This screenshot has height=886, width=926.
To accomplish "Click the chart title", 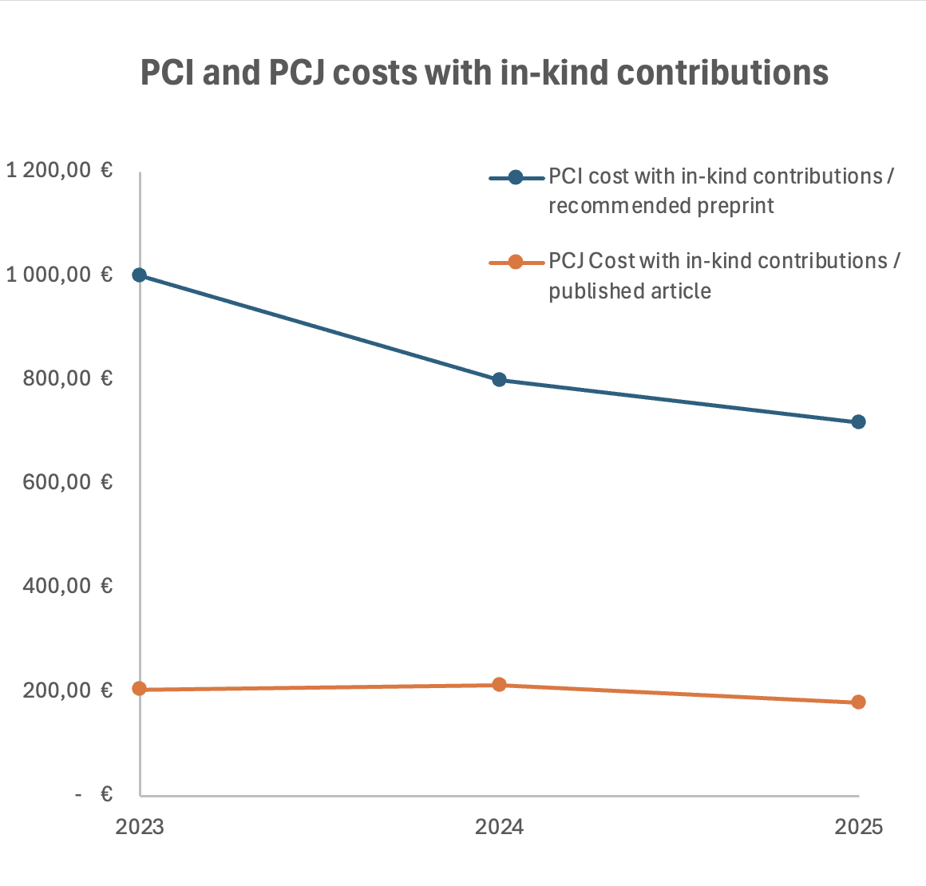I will pyautogui.click(x=485, y=73).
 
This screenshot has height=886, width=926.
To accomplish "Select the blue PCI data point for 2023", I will pyautogui.click(x=140, y=275).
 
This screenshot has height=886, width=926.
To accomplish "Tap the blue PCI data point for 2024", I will pyautogui.click(x=499, y=379).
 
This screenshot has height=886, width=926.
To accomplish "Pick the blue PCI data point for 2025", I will pyautogui.click(x=858, y=421).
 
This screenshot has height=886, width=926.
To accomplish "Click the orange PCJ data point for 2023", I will pyautogui.click(x=140, y=689).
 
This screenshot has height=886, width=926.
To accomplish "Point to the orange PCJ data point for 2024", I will pyautogui.click(x=499, y=684).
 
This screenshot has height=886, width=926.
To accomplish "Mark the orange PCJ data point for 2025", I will pyautogui.click(x=858, y=702).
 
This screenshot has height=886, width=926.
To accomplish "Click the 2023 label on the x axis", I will pyautogui.click(x=140, y=827).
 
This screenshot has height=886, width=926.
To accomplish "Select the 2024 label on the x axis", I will pyautogui.click(x=499, y=827).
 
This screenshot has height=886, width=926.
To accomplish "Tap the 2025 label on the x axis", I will pyautogui.click(x=859, y=827).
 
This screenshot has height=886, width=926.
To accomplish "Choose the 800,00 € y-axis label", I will pyautogui.click(x=67, y=378).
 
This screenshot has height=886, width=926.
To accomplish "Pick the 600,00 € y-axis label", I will pyautogui.click(x=67, y=482).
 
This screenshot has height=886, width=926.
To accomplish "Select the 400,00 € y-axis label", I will pyautogui.click(x=67, y=586).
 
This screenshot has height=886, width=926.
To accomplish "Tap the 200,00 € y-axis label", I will pyautogui.click(x=67, y=690).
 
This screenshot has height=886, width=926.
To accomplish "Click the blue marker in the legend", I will pyautogui.click(x=516, y=177).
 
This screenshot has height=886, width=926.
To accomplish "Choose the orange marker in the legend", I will pyautogui.click(x=516, y=262).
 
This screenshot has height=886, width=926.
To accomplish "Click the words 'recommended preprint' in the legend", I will pyautogui.click(x=661, y=206).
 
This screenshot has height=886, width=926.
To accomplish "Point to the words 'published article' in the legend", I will pyautogui.click(x=630, y=291).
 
